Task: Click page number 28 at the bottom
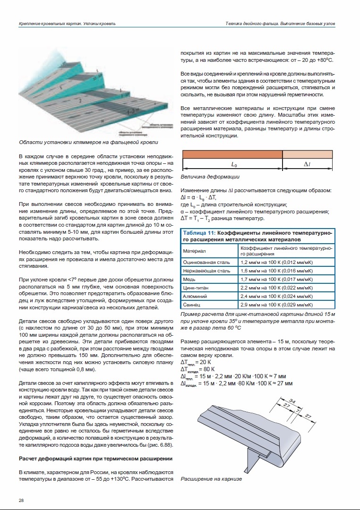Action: pos(22,501)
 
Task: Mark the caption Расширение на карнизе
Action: pos(211,479)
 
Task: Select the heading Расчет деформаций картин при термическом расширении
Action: pos(95,459)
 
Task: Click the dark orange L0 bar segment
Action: pos(232,154)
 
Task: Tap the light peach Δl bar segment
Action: pos(308,154)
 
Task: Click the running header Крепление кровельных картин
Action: pos(67,24)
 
